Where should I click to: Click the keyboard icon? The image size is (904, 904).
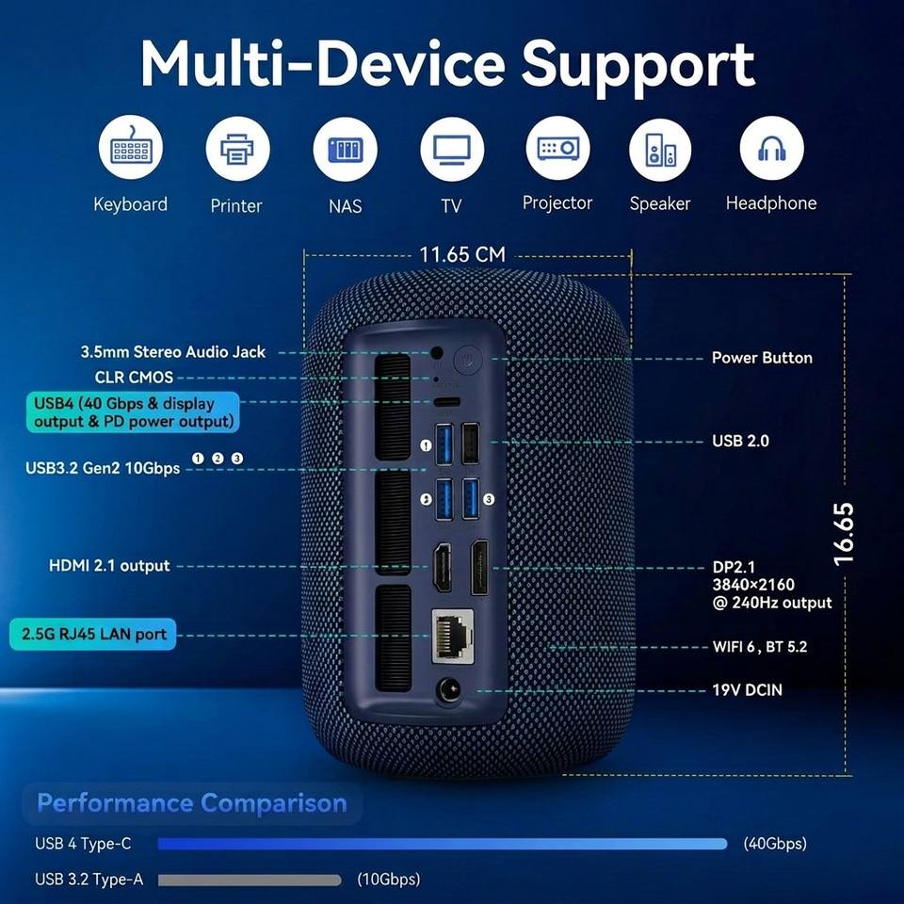[130, 148]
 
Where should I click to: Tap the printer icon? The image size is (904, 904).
[237, 149]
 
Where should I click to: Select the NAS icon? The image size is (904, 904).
[345, 150]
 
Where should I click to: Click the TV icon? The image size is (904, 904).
[452, 149]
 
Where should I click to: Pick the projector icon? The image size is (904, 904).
[557, 148]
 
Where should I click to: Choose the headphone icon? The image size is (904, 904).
[771, 148]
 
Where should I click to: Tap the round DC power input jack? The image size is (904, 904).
[449, 690]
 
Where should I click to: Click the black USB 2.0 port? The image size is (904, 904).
[471, 444]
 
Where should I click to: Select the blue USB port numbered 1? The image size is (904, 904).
[444, 444]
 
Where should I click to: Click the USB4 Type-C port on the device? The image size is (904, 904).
[446, 402]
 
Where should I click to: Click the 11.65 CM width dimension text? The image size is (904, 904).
[461, 254]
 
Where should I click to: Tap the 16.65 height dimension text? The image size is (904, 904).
[843, 534]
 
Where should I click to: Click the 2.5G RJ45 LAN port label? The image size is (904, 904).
[93, 634]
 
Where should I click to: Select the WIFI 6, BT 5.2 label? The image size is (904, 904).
[760, 647]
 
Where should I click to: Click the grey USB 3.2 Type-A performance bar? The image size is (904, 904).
[250, 880]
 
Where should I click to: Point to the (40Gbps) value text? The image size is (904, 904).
[775, 844]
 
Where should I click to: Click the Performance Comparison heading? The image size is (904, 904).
[192, 803]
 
